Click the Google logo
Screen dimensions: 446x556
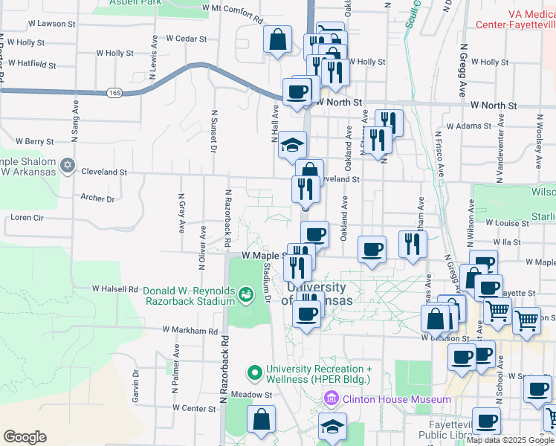(25, 437)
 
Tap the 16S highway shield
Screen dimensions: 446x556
(114, 93)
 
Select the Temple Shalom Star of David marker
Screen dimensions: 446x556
(68, 165)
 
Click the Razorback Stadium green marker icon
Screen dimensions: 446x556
(245, 296)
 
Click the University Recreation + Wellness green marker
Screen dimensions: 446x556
(255, 371)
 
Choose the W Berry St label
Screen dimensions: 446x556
(35, 141)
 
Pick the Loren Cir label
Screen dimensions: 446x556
(28, 218)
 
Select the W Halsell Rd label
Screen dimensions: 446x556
(115, 288)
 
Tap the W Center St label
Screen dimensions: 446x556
(193, 408)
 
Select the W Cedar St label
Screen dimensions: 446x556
(185, 39)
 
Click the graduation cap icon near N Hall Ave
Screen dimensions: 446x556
(292, 143)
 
